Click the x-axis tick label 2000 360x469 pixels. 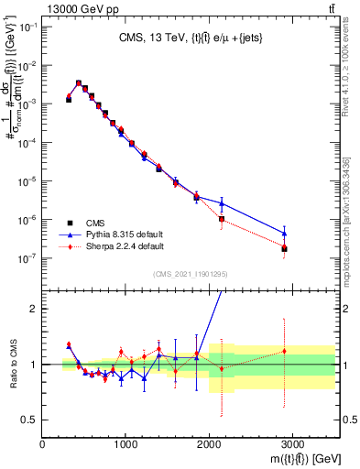[x=209, y=445]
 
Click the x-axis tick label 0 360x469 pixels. [x=43, y=445]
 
